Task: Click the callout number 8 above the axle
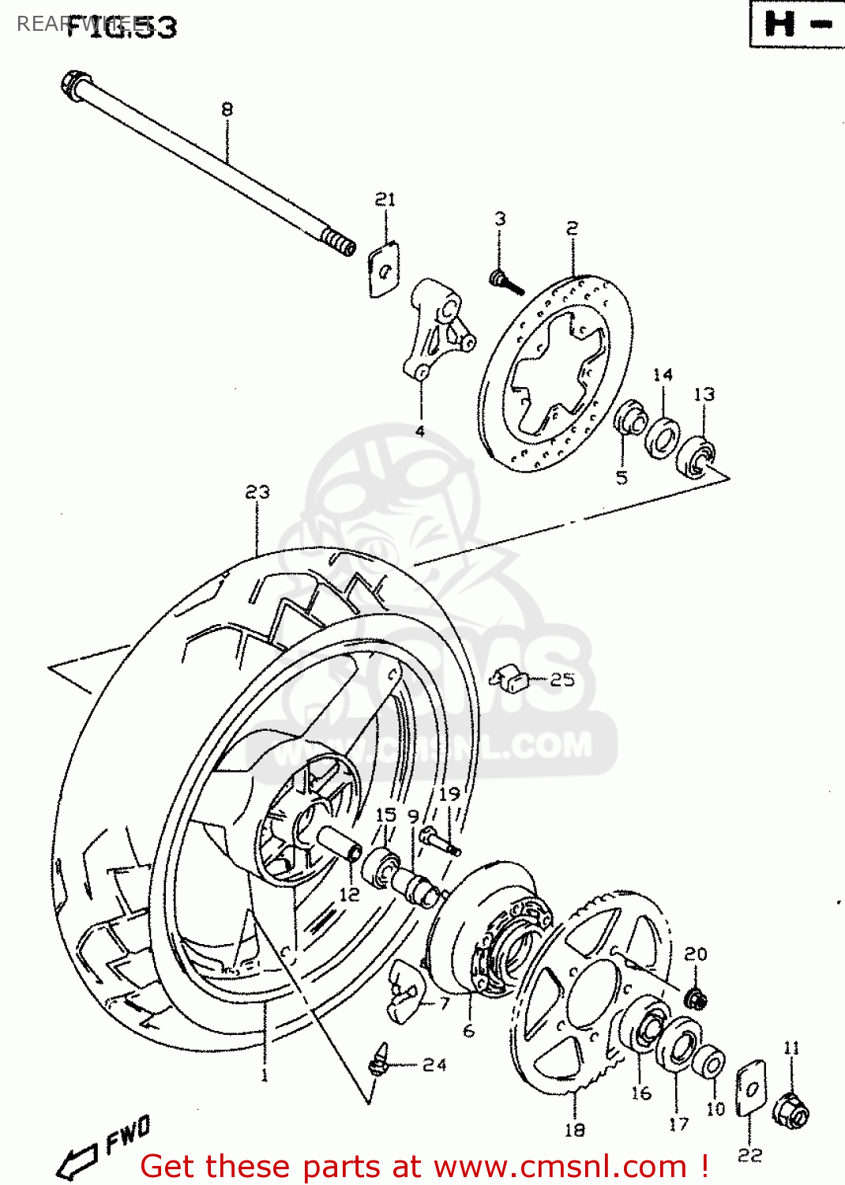pos(227,109)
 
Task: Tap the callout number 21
pos(385,199)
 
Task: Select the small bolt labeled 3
pos(505,281)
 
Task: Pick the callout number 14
pos(663,374)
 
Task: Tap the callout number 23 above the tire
pos(257,492)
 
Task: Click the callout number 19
pos(449,793)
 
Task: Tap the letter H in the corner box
pos(780,24)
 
